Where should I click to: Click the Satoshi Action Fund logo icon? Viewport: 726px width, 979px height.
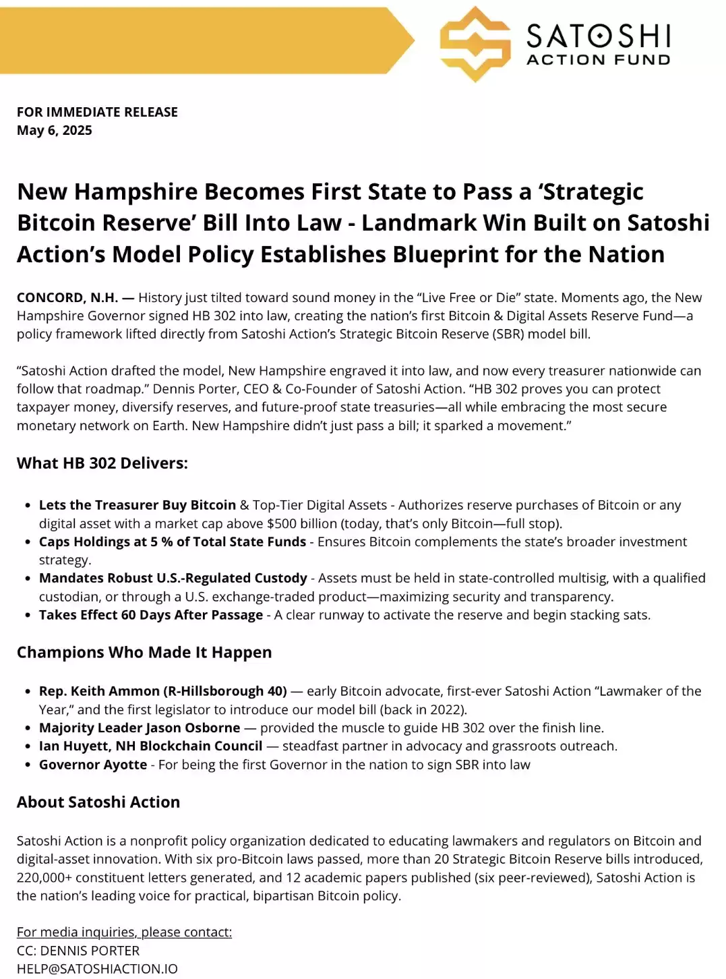475,44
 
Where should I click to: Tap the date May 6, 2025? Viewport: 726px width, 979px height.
55,130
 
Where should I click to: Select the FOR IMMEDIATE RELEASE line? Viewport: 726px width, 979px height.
97,112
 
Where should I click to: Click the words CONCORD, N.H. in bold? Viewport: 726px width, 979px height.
67,297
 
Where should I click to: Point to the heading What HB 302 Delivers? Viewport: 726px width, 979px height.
102,463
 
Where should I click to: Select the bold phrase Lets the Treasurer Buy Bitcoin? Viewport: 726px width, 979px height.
138,505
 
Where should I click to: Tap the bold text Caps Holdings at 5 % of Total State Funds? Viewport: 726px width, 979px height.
173,541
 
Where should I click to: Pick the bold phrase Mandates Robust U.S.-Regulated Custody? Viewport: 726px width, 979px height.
173,578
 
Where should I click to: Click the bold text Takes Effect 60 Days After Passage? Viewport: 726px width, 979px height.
151,615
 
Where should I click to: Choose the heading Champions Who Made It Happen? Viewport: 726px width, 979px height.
144,652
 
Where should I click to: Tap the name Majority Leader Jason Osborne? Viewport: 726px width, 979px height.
140,728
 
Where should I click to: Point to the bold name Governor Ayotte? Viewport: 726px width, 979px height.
93,765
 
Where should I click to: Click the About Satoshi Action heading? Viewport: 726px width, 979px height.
98,802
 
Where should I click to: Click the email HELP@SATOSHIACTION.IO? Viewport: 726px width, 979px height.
97,969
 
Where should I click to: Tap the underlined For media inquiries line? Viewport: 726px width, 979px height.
124,932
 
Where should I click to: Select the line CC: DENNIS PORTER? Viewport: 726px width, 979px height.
78,951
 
